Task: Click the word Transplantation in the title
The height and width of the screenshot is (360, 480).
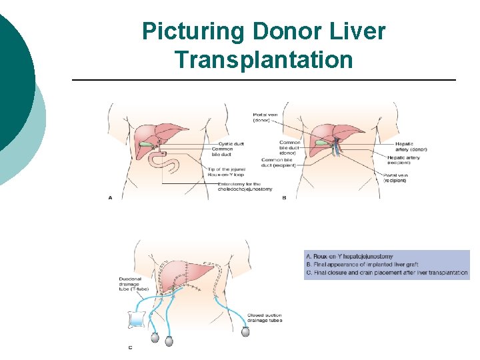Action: coord(263,60)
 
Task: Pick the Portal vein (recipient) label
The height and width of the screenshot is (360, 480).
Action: coord(399,177)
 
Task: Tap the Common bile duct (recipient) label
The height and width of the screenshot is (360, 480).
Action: coord(279,162)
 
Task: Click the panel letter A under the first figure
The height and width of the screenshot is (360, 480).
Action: coord(110,197)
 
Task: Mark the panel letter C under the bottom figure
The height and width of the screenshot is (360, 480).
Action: coord(130,348)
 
